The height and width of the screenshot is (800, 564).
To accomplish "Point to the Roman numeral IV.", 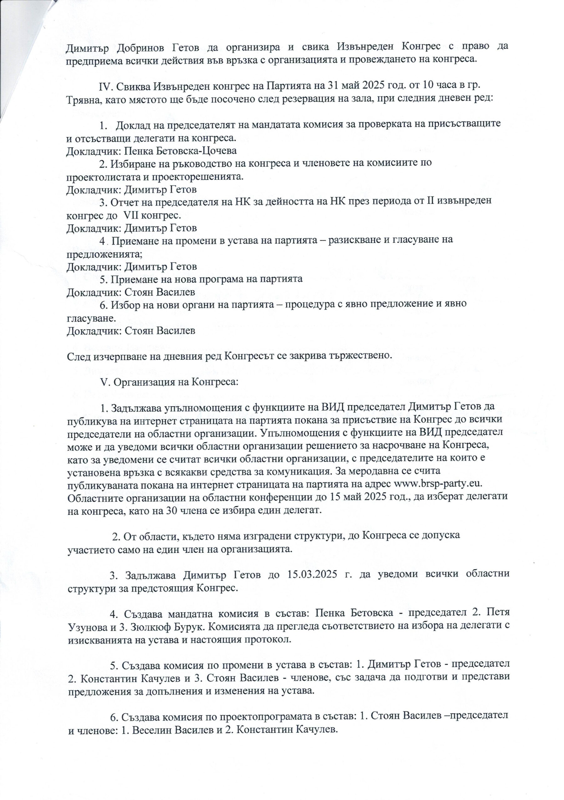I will (106, 85).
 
